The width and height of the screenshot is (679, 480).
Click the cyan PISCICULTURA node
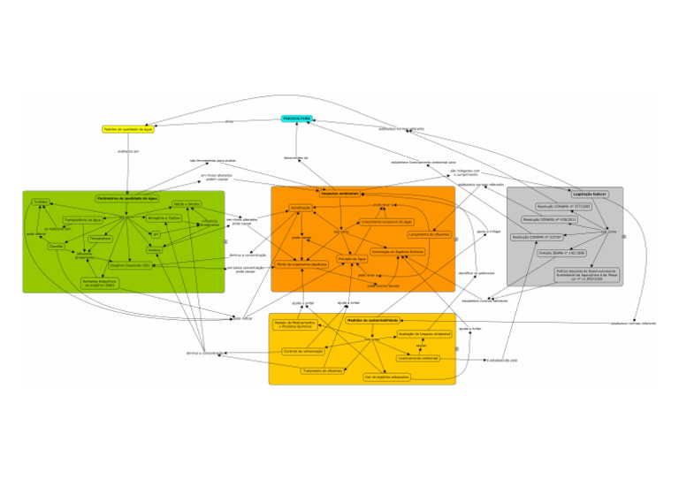(x=296, y=118)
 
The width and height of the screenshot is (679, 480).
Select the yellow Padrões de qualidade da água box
(x=128, y=129)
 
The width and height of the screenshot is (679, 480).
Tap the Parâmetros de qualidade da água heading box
(x=127, y=199)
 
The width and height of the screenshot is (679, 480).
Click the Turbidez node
(x=40, y=202)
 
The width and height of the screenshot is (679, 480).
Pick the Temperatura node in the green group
(x=101, y=239)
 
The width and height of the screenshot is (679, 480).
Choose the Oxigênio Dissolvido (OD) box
(x=130, y=264)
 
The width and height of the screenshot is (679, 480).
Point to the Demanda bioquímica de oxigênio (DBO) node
(x=98, y=284)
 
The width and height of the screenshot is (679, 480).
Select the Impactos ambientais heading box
(x=341, y=193)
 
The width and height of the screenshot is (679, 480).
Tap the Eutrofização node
(x=301, y=209)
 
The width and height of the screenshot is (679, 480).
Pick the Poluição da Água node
(x=352, y=259)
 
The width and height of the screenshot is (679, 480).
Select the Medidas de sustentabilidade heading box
(x=372, y=319)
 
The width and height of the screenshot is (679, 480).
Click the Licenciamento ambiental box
(x=414, y=358)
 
